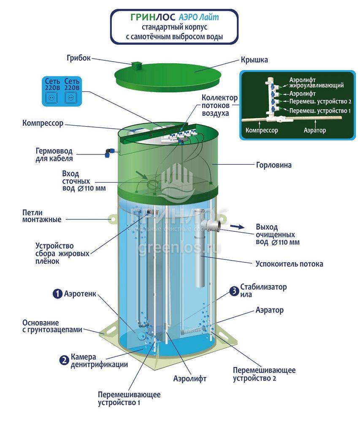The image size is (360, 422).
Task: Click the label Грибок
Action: pyautogui.click(x=78, y=58)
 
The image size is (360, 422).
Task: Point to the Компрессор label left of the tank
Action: pyautogui.click(x=43, y=124)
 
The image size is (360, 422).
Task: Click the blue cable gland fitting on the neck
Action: pyautogui.click(x=109, y=151)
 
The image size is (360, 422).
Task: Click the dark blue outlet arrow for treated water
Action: pyautogui.click(x=238, y=227)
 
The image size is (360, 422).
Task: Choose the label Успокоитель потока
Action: pyautogui.click(x=289, y=264)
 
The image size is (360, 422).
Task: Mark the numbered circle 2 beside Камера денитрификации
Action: pyautogui.click(x=64, y=360)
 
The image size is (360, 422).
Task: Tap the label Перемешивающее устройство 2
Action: pyautogui.click(x=264, y=374)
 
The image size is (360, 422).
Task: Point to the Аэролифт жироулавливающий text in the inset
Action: pyautogui.click(x=316, y=82)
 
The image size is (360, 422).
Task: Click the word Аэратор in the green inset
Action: pyautogui.click(x=315, y=130)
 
